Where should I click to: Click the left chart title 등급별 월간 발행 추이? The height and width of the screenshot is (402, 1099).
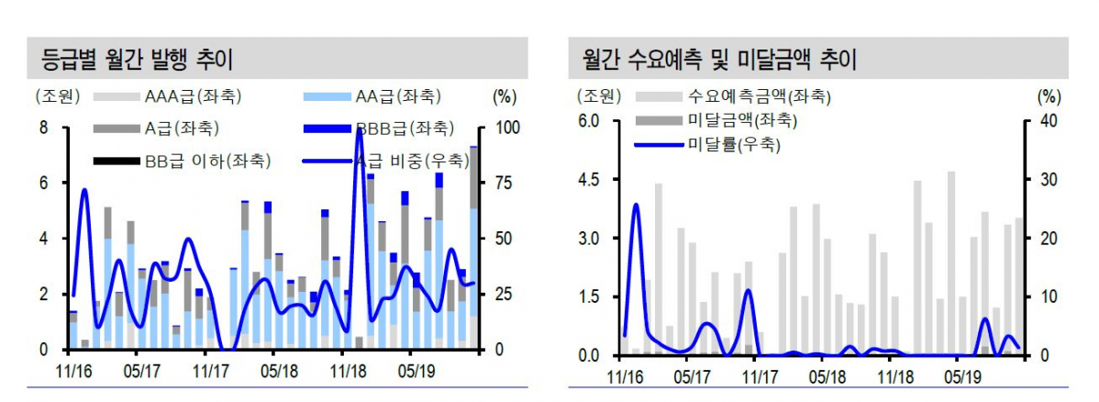[x=138, y=61]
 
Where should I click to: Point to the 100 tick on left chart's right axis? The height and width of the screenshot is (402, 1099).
[x=507, y=128]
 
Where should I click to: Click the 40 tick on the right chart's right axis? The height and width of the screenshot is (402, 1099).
[x=1049, y=121]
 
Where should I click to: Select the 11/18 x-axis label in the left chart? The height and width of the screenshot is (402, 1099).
[x=348, y=372]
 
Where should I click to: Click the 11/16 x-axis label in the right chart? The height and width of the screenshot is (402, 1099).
[x=627, y=377]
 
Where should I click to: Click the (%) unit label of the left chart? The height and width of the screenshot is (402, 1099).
[x=505, y=95]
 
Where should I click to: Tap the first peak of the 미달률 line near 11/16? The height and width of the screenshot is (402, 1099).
[x=636, y=205]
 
